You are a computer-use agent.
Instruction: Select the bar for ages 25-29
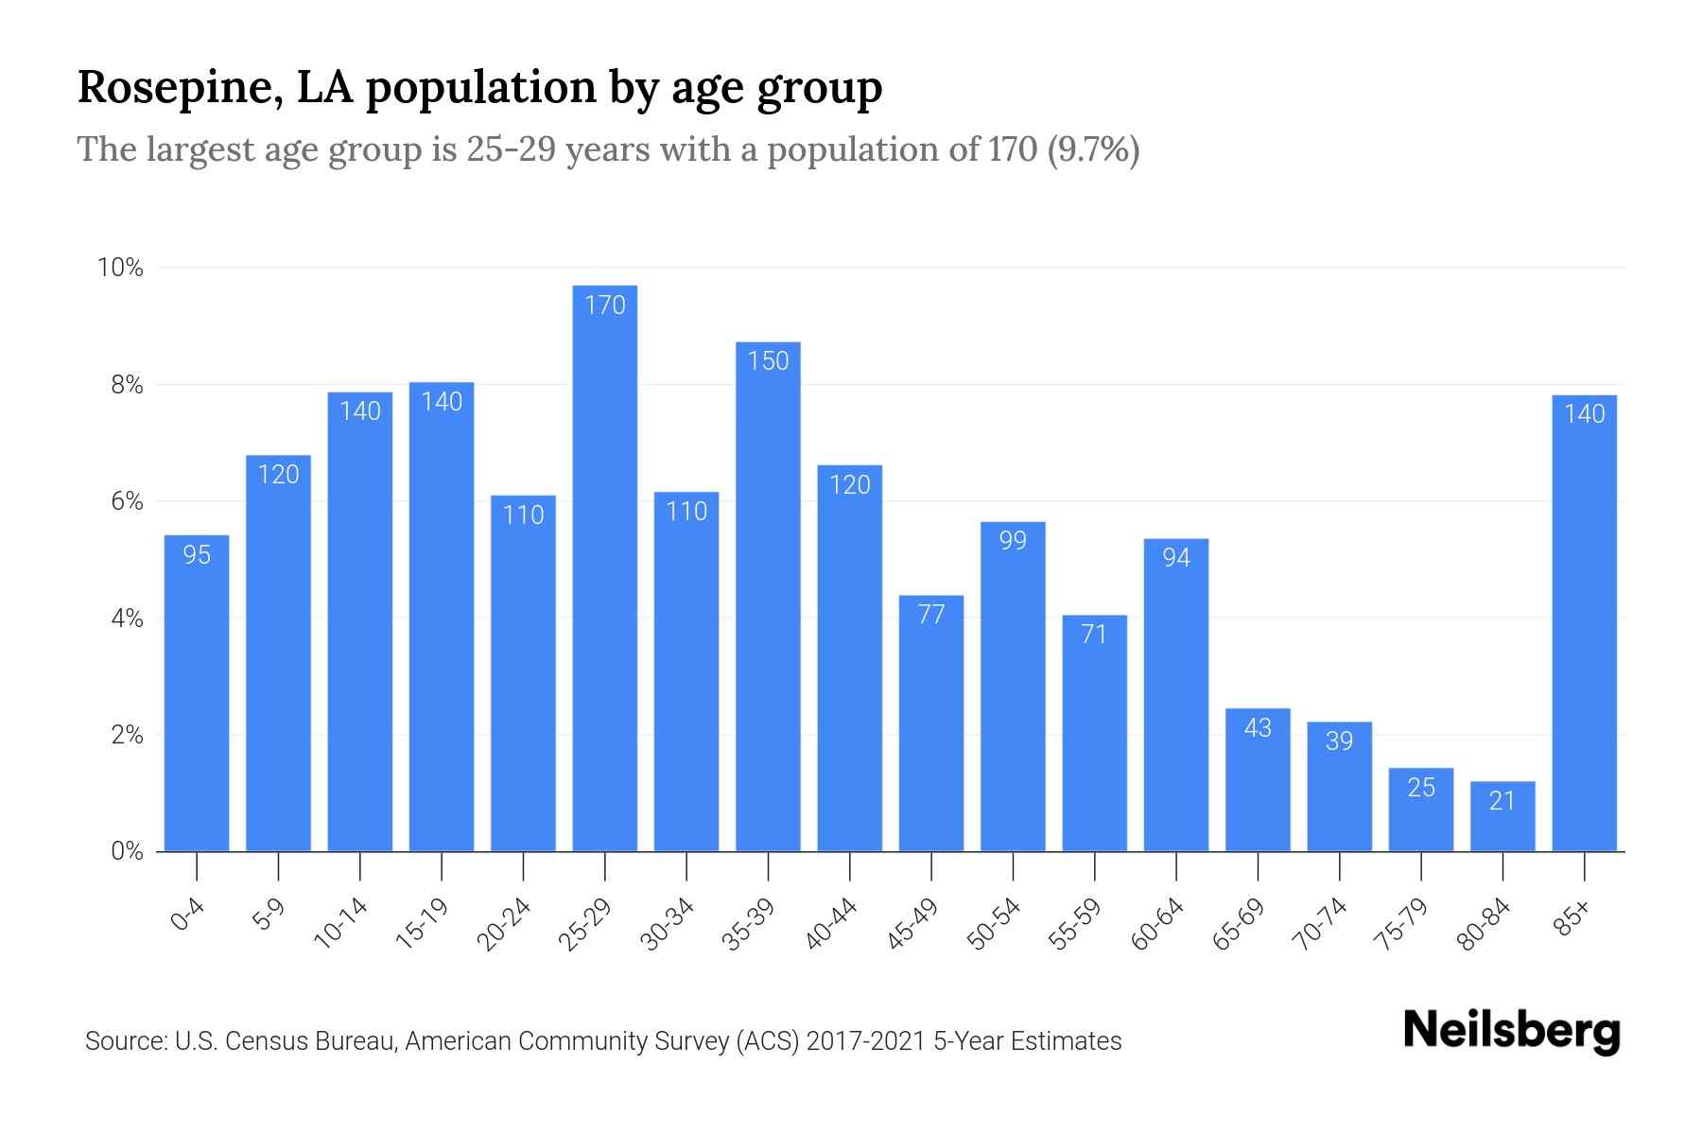[604, 567]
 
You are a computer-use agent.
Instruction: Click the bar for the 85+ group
[1584, 624]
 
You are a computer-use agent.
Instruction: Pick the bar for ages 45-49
[931, 724]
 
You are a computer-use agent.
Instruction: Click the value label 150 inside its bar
[768, 361]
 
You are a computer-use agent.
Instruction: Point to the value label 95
[197, 555]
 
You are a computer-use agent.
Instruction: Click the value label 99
[1013, 541]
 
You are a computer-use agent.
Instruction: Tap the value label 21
[1502, 801]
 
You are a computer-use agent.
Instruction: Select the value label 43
[1258, 728]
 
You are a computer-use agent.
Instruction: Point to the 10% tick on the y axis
[121, 269]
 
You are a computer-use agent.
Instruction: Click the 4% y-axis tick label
[127, 620]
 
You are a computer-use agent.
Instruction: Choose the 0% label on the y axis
[127, 852]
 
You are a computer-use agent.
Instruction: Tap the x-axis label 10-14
[341, 924]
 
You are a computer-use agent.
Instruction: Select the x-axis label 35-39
[749, 924]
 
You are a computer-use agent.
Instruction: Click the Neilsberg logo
[1512, 1031]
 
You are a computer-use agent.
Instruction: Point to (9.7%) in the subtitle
[1093, 149]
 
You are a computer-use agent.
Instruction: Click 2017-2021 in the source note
[866, 1041]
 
